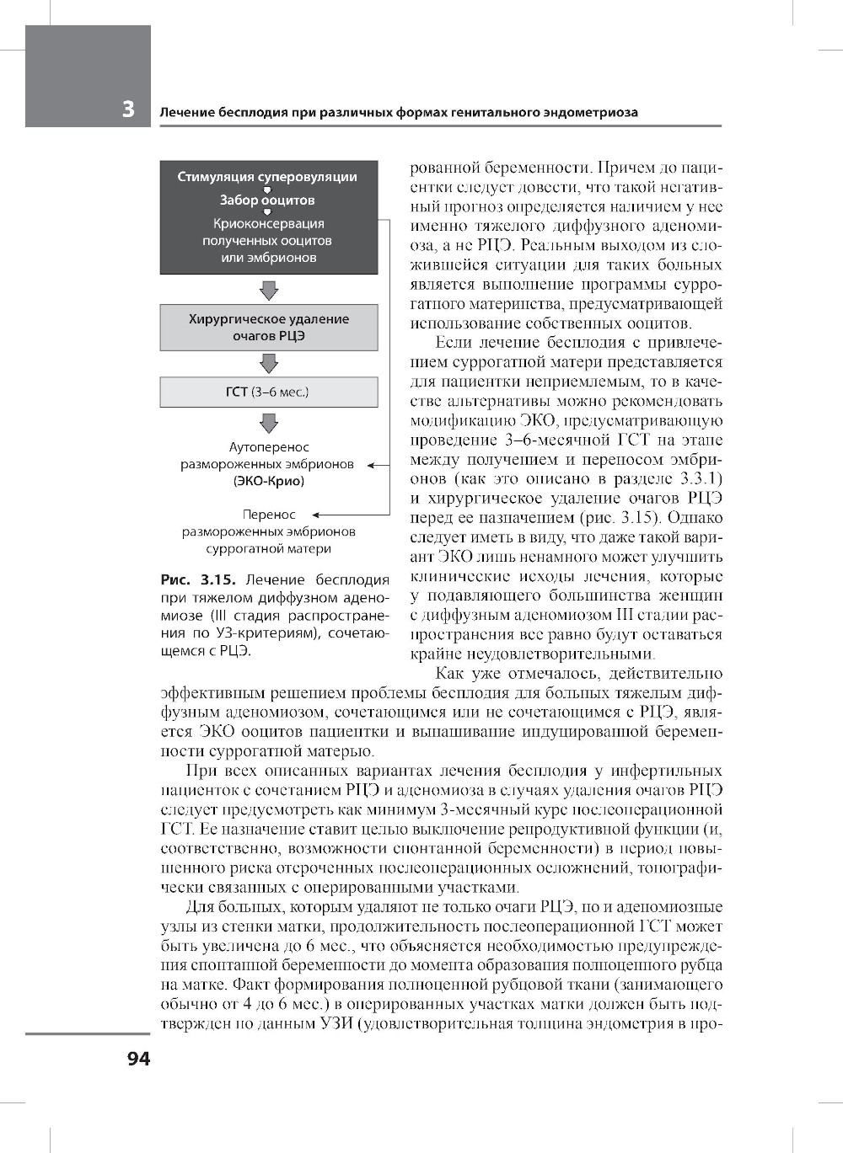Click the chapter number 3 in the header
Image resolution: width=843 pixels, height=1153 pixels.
[128, 109]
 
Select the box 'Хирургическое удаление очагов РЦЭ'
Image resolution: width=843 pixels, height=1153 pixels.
[269, 328]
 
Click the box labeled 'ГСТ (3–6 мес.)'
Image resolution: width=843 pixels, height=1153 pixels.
[269, 392]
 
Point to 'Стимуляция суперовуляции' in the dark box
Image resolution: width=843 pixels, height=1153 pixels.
[267, 177]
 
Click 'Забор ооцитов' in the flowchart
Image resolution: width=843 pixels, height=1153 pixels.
[267, 200]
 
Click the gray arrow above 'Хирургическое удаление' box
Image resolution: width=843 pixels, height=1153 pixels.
[269, 291]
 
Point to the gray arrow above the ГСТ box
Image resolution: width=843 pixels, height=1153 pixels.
[269, 364]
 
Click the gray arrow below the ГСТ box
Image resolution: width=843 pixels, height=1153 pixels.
[269, 423]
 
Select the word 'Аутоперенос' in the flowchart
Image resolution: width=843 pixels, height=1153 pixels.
[269, 447]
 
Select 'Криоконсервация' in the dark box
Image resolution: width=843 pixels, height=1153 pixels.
[269, 224]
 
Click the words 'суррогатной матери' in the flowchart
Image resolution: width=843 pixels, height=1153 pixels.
[269, 549]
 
